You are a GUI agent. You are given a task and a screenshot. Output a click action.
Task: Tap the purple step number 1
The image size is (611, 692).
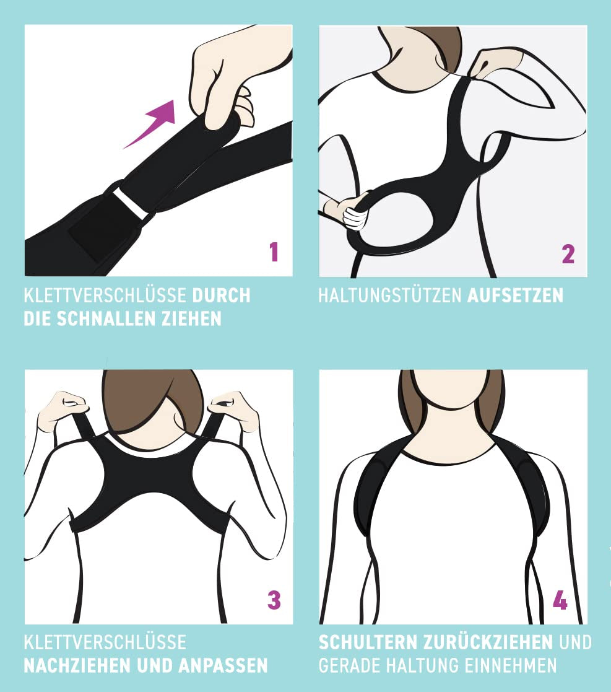pos(274,252)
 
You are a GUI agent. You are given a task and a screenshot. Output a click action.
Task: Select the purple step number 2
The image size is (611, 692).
pos(568,254)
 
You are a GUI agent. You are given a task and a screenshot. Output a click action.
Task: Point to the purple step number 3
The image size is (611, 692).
pos(274,600)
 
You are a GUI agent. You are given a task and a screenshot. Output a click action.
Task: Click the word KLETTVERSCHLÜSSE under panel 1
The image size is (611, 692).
pos(105,296)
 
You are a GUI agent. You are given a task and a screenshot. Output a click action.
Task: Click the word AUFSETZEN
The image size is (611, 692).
pos(515,296)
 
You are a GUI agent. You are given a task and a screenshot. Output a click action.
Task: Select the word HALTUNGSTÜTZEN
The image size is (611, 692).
pos(390,296)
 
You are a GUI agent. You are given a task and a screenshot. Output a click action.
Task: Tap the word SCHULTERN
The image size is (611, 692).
pos(368,642)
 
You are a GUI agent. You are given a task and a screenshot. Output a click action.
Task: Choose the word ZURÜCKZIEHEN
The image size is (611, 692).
pos(488,642)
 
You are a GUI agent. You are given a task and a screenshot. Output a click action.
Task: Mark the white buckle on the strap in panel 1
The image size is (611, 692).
pos(131,203)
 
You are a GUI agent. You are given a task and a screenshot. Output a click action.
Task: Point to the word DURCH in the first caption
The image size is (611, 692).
pos(221,296)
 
